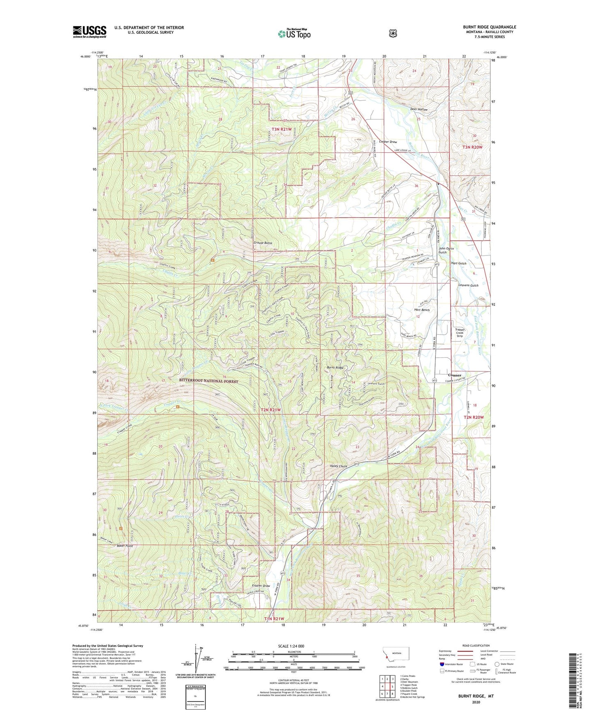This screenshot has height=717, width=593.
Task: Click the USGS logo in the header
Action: pos(89,32)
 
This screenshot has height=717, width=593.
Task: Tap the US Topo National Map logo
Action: pos(294,33)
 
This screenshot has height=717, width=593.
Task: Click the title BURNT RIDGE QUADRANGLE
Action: pos(489,27)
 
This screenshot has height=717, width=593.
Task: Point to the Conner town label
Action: pos(454,375)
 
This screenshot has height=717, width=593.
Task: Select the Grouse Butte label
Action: pos(263,243)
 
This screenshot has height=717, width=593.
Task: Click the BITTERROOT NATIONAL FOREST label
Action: pos(208,381)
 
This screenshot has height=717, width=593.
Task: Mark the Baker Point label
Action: pos(125,546)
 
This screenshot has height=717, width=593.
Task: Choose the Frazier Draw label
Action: pos(261,586)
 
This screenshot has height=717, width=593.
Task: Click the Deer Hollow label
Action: pos(419,110)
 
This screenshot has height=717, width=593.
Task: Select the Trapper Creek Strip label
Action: pos(460,333)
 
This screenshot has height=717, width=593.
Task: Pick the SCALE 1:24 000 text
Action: pos(291,646)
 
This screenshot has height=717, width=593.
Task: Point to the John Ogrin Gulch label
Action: pos(446,250)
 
